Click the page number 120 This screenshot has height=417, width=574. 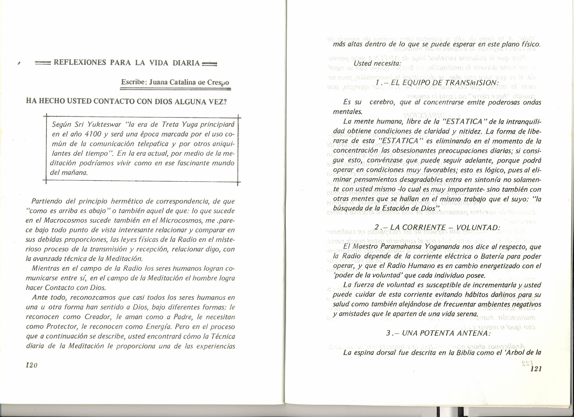pyautogui.click(x=32, y=365)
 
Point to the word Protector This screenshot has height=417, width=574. pyautogui.click(x=61, y=327)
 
